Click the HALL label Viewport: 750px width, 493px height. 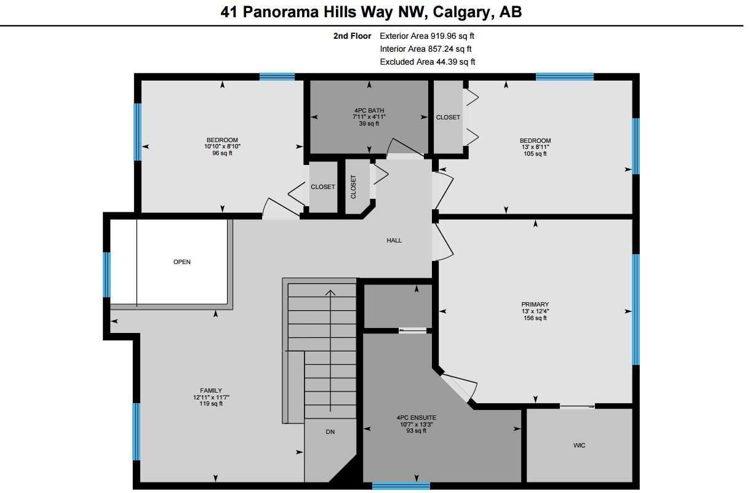click(x=394, y=241)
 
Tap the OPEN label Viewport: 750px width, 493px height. click(x=182, y=262)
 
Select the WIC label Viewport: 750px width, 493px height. click(x=579, y=446)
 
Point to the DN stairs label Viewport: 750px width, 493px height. click(x=330, y=432)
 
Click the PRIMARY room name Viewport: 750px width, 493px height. click(x=535, y=305)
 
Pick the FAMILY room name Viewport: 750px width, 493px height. click(x=211, y=390)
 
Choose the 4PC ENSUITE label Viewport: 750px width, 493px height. click(x=417, y=418)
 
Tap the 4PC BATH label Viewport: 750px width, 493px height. click(x=369, y=111)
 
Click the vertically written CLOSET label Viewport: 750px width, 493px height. click(x=353, y=187)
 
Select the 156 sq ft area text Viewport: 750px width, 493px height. click(x=535, y=318)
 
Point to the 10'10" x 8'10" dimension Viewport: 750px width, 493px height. click(x=222, y=146)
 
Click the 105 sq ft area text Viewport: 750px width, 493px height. click(x=535, y=154)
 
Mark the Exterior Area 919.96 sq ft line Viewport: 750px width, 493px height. click(x=427, y=36)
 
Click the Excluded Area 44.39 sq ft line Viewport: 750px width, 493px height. click(x=428, y=62)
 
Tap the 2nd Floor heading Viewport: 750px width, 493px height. click(x=352, y=36)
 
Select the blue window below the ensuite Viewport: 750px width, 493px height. click(x=401, y=485)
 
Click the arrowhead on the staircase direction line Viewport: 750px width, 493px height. click(x=330, y=293)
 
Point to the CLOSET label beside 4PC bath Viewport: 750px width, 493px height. click(x=448, y=117)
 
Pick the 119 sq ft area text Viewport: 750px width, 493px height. click(x=211, y=404)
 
